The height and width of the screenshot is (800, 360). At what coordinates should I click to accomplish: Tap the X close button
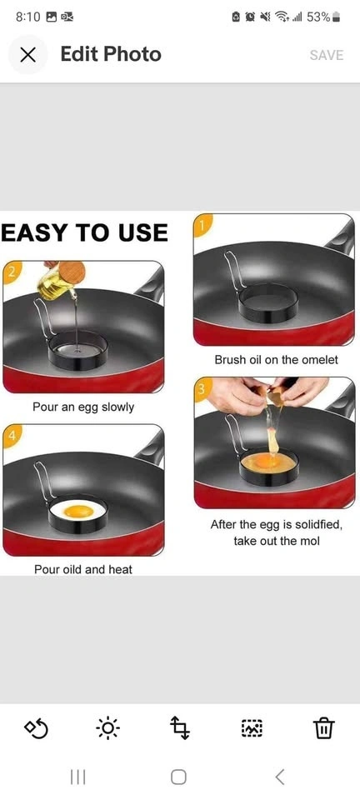point(28,55)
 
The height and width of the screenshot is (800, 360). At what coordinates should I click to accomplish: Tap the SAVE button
point(327,55)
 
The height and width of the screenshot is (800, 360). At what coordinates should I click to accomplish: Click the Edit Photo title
point(111,54)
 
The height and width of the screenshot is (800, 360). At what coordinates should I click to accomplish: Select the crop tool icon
point(179,727)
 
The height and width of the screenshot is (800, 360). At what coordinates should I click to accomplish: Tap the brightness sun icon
point(107,727)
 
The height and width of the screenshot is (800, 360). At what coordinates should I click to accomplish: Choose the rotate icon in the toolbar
point(36,728)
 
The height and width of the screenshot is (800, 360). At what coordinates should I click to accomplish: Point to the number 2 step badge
point(11,272)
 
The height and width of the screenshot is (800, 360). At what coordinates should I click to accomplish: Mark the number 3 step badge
point(202,389)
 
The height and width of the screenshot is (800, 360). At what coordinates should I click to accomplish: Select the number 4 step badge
point(11,436)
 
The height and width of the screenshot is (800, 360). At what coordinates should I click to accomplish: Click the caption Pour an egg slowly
point(83,407)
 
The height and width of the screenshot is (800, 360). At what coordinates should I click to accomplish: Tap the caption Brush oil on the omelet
point(276,360)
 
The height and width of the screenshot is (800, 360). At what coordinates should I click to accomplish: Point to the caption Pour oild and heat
point(83,569)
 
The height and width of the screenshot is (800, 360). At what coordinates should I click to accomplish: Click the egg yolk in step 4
point(78,510)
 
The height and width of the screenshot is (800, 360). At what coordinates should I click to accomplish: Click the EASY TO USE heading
point(84,233)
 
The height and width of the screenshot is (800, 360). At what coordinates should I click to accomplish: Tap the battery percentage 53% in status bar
point(318,17)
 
